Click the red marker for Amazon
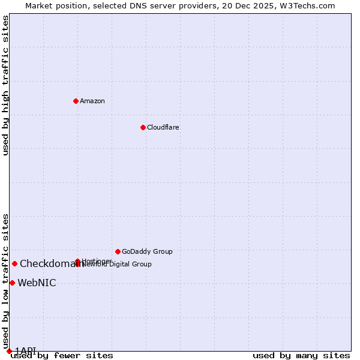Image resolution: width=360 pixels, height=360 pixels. pos(76,101)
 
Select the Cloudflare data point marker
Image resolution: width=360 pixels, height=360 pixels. pos(143,127)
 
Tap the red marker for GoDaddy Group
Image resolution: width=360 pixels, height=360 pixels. pos(118,251)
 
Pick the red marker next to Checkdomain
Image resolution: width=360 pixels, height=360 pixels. pos(14,263)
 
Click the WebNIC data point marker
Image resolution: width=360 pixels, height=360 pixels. pos(12,283)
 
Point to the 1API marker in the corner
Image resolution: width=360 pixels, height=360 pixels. pos(9,351)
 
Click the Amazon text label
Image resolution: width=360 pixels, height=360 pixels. pos(92,101)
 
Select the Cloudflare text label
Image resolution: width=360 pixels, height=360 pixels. pos(163,127)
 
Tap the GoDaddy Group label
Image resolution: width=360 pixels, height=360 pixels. pos(147,251)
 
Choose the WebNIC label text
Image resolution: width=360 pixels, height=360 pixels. pos(37,283)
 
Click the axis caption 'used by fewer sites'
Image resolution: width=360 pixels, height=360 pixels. pos(62,355)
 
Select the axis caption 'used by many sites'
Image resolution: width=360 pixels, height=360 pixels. pos(301,355)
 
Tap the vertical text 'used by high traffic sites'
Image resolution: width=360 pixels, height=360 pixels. pos(5,85)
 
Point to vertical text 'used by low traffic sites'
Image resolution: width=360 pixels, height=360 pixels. pos(5,281)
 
